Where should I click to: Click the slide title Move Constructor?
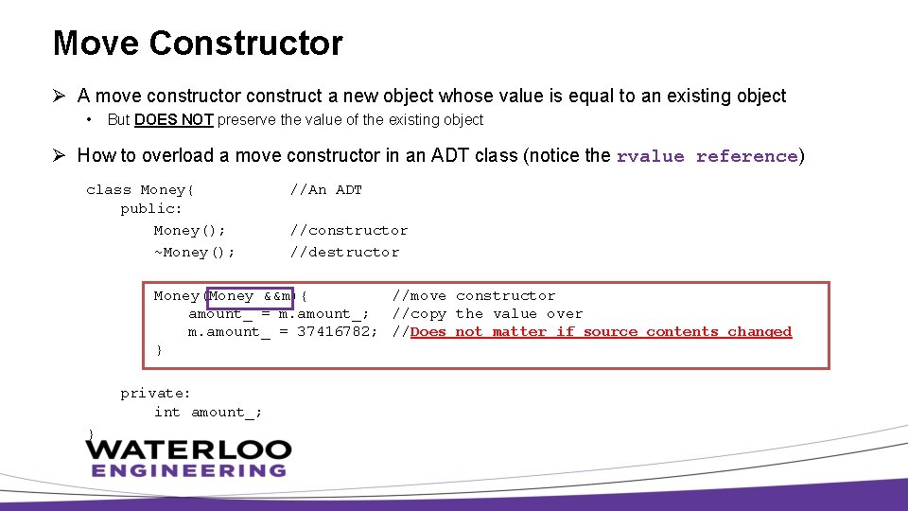point(198,44)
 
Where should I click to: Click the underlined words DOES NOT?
point(174,120)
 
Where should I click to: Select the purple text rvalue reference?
point(707,156)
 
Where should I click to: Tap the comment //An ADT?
point(325,190)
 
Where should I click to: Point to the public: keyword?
point(151,209)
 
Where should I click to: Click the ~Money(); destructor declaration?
point(194,253)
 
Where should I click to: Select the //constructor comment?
point(348,231)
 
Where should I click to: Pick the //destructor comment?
point(344,253)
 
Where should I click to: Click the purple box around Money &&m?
point(250,297)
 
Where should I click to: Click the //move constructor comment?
point(474,296)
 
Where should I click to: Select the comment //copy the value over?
point(487,314)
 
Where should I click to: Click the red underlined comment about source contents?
point(601,332)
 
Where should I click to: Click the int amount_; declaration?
point(208,412)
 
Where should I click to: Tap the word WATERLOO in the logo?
point(189,449)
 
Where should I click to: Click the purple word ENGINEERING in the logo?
point(189,470)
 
